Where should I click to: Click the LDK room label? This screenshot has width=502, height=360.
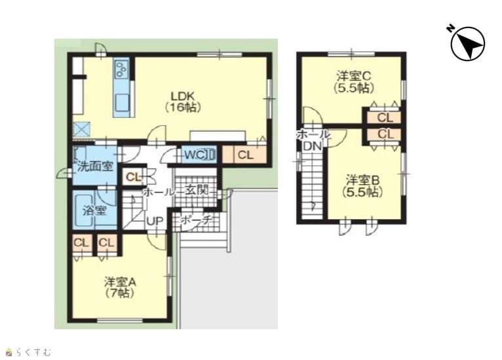183,101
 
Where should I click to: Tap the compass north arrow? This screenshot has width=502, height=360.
468,43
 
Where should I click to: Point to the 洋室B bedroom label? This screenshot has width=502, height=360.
362,186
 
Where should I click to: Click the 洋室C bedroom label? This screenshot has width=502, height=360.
353,82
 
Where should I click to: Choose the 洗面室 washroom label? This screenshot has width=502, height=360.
96,167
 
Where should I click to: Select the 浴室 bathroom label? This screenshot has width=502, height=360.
94,210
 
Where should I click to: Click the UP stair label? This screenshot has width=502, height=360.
155,221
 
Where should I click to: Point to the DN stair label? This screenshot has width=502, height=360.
312,146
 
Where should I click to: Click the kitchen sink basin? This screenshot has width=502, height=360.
121,102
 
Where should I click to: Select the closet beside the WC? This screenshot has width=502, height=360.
245,155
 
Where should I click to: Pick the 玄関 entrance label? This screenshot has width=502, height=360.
196,191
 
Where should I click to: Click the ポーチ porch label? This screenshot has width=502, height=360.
196,220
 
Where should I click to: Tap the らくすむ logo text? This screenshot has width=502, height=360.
33,352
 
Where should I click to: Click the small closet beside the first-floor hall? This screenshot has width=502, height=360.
134,177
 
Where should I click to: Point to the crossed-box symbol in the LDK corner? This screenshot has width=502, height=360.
82,129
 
